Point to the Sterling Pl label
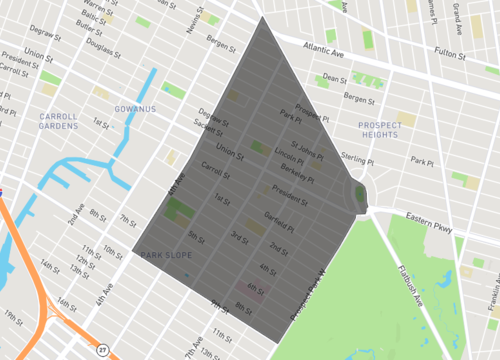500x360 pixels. [x=383, y=157]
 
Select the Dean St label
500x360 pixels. [x=335, y=76]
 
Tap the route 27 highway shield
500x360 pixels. [x=102, y=349]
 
